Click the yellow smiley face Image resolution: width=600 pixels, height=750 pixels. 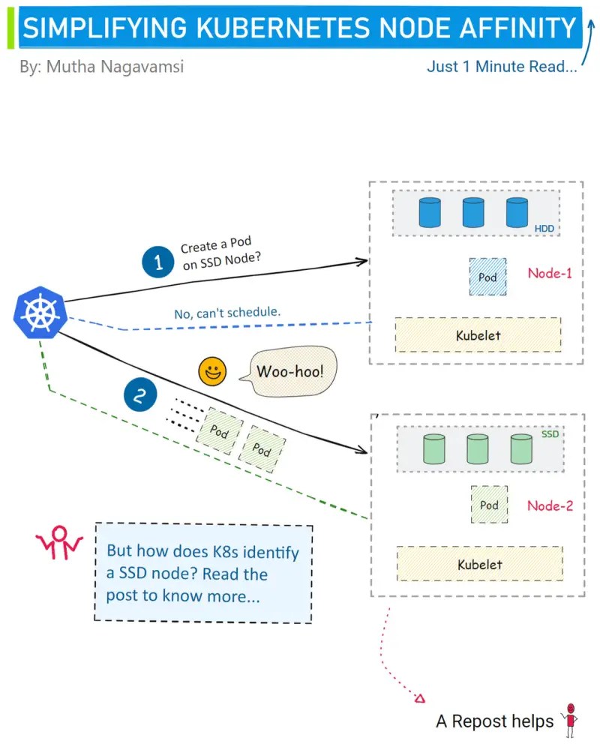pos(213,370)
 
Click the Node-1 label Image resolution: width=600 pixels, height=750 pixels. pos(550,273)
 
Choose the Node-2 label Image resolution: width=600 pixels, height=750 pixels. pos(550,505)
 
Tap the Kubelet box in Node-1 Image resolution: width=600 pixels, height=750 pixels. pos(478,335)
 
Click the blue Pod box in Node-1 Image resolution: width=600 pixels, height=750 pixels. pos(487,277)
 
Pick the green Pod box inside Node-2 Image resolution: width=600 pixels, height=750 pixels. pos(489,505)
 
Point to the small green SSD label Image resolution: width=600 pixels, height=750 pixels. pos(550,434)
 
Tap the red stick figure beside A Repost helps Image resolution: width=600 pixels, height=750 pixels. pos(571,719)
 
